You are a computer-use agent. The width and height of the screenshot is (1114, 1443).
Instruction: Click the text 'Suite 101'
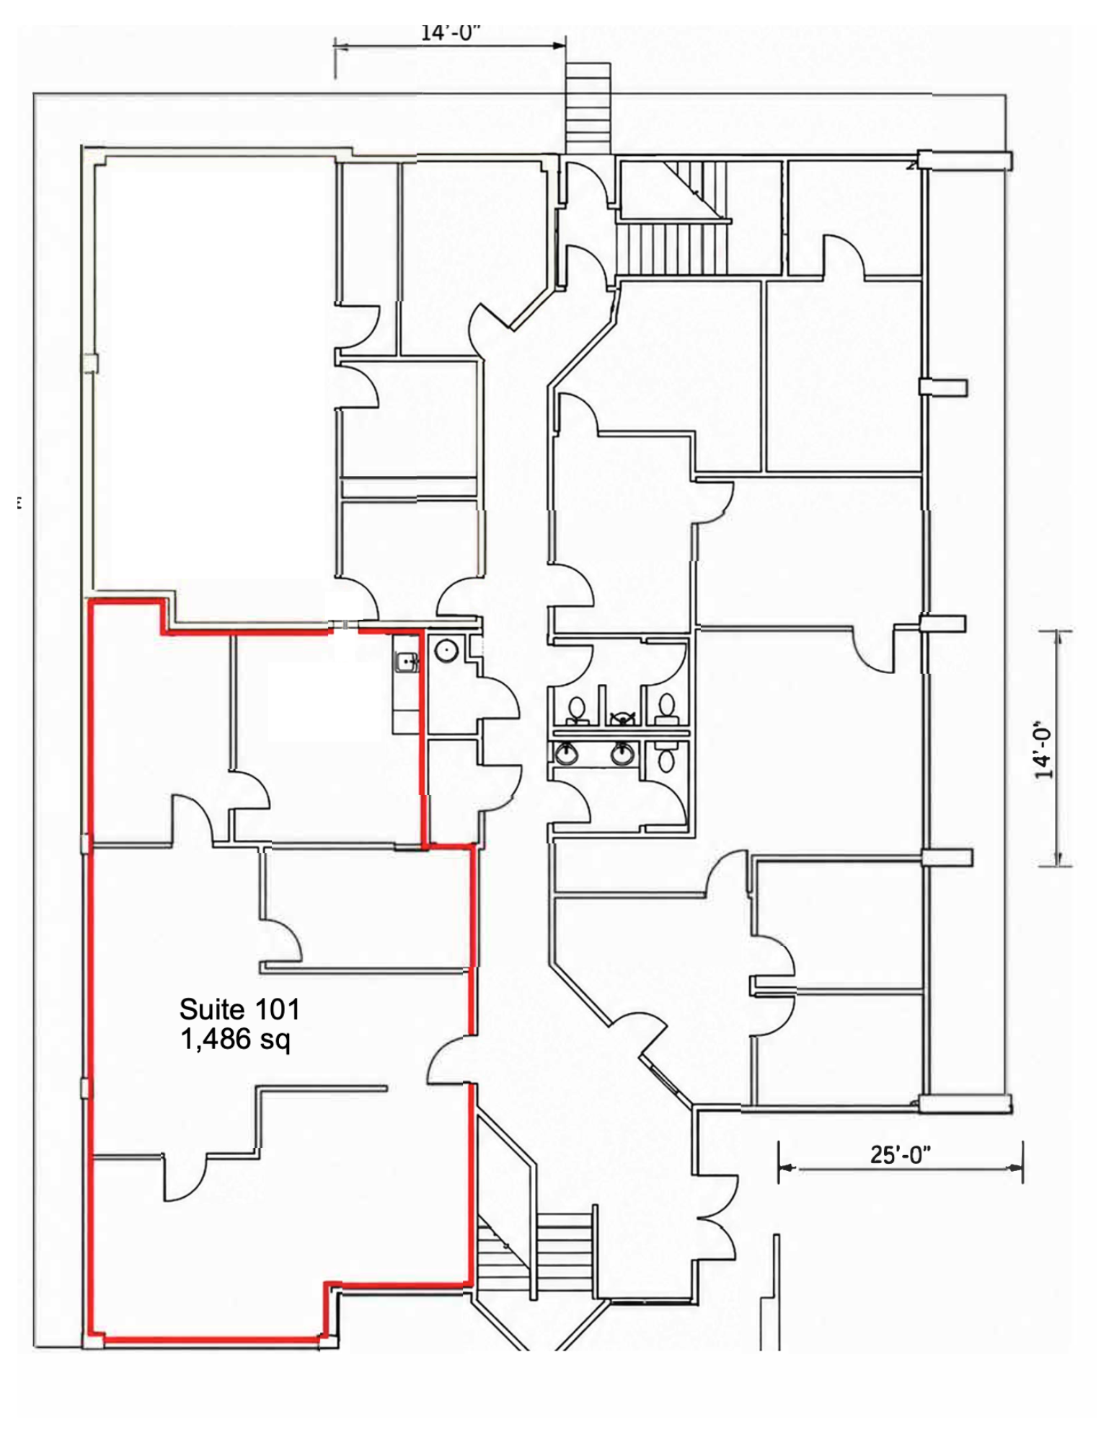tap(239, 1009)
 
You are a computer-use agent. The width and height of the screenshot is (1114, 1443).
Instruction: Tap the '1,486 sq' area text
tap(235, 1040)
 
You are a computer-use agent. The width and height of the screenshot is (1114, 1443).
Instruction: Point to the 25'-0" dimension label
tap(900, 1155)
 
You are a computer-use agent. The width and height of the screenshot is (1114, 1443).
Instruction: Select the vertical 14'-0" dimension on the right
tap(1057, 747)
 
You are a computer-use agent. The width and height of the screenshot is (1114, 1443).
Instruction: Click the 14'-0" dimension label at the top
tap(451, 33)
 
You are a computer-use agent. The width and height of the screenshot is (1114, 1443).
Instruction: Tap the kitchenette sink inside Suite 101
tap(406, 662)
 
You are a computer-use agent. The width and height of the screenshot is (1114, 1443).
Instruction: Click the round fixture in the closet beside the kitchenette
tap(446, 651)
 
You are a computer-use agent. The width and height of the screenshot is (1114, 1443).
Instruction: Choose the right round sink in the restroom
tap(623, 754)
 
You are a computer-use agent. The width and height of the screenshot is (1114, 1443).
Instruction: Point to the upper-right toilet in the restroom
tap(667, 709)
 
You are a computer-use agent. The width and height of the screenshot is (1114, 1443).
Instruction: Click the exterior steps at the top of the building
tap(588, 108)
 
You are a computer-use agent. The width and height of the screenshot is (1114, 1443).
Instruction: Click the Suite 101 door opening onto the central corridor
tap(451, 1059)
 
